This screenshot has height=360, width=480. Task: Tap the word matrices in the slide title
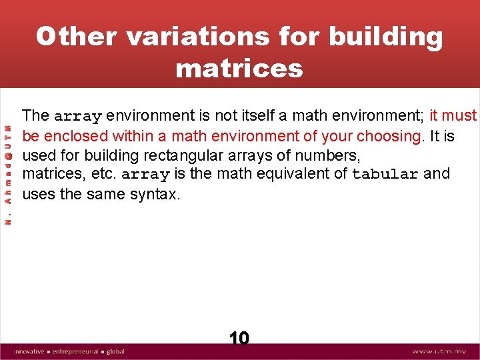tap(239, 68)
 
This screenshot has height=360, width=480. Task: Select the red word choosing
tap(389, 136)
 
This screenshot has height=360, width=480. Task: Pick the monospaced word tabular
tap(385, 175)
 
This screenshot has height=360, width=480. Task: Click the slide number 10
tap(239, 339)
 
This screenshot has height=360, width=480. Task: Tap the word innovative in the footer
tap(29, 351)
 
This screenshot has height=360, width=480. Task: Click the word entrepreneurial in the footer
tap(75, 351)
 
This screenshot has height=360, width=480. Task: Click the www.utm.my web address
tap(441, 351)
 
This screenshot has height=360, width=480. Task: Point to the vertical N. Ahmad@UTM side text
tap(7, 175)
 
